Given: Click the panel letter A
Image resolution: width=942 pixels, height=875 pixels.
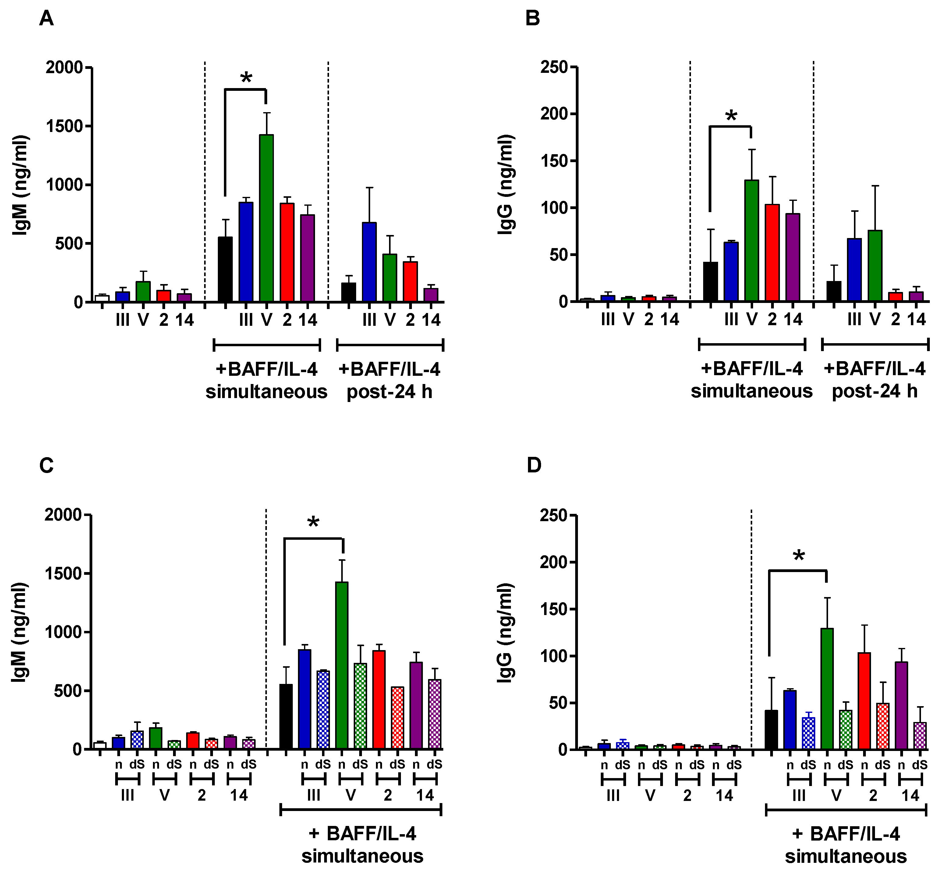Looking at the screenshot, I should click(x=46, y=19).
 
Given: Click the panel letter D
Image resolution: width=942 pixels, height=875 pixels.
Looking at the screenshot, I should click(x=534, y=465).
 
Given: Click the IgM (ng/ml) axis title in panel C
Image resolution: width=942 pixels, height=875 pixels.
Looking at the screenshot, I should click(x=20, y=632).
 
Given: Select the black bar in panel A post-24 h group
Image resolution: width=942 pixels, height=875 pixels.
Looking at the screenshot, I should click(x=349, y=292).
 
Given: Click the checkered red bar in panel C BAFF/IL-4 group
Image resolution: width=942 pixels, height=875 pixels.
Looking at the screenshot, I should click(x=398, y=717).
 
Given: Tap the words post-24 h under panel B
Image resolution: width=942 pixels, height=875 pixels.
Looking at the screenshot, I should click(x=874, y=391).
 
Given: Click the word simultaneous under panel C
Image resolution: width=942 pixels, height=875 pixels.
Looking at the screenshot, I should click(x=362, y=856).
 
